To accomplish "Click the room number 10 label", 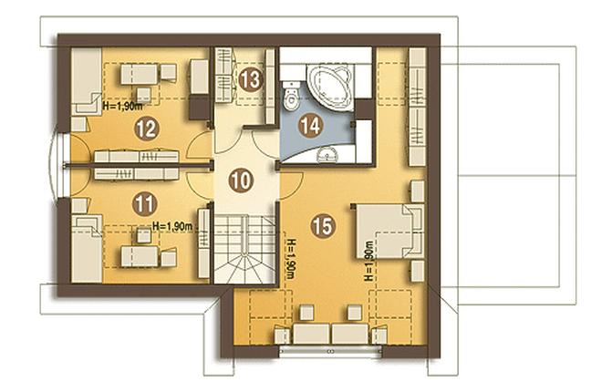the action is click(x=241, y=181).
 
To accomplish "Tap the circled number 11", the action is click(x=145, y=204).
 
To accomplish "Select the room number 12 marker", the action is click(x=147, y=129).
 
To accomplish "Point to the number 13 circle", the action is click(x=250, y=79).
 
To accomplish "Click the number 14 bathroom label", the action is click(x=310, y=125).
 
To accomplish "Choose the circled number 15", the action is click(x=323, y=226).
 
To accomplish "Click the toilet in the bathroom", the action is click(x=291, y=97).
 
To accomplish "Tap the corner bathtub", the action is click(x=330, y=87).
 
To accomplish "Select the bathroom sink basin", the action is click(x=327, y=155).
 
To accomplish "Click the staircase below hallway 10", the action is click(x=245, y=249).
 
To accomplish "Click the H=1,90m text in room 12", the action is click(x=121, y=107).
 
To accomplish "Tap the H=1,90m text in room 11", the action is click(x=172, y=227).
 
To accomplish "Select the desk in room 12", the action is click(x=140, y=75).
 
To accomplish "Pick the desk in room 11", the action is click(x=140, y=256).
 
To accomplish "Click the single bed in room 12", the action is click(x=87, y=80).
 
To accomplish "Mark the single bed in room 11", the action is click(x=87, y=249).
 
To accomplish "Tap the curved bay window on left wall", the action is click(x=56, y=166).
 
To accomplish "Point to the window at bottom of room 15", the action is click(x=330, y=351).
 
